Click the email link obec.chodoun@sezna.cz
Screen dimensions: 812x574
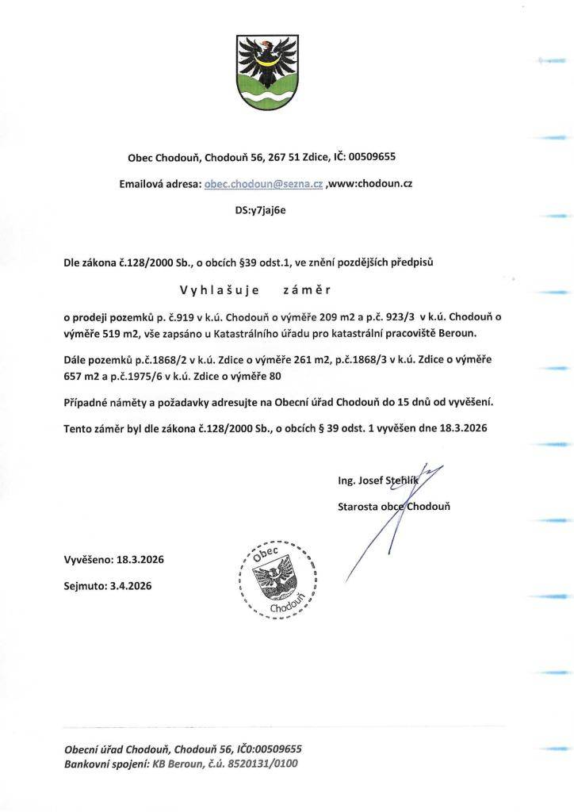(x=263, y=183)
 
